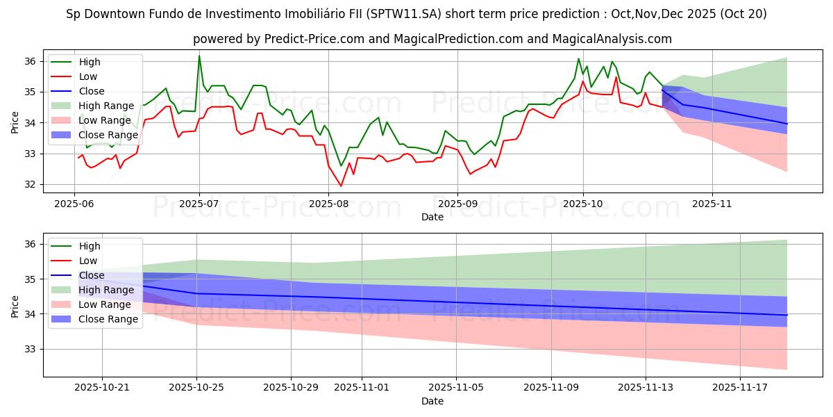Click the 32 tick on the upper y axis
pos(31,184)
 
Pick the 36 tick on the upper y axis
pos(31,61)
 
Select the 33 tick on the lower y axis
pos(31,349)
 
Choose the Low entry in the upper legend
pos(88,76)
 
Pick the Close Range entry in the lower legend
pos(108,319)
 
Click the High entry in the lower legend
pos(90,246)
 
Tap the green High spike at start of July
pos(199,56)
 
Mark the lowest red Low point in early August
pos(341,186)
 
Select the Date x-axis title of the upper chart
pos(432,217)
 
